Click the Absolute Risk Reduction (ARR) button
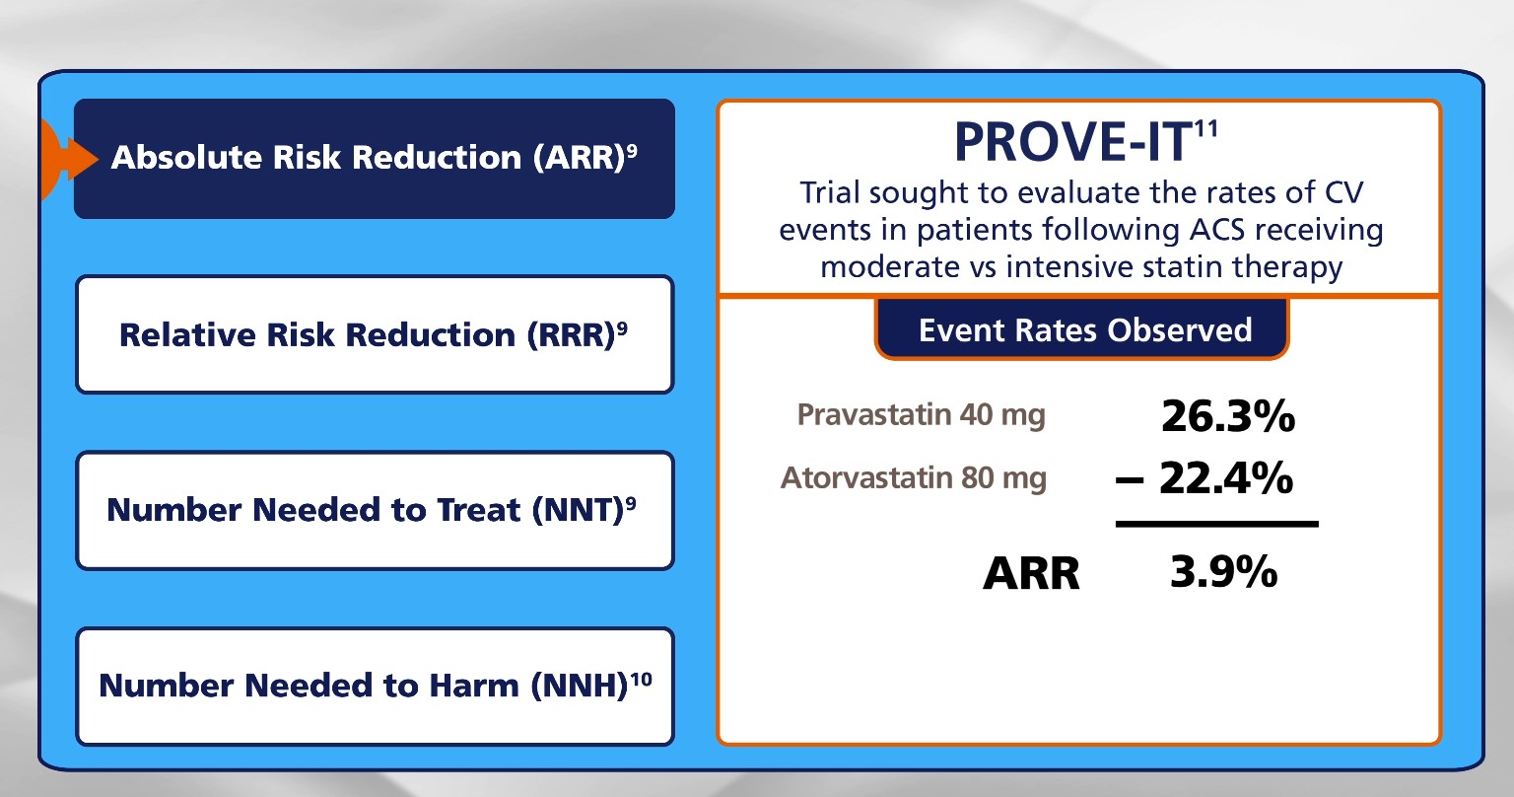click(x=375, y=159)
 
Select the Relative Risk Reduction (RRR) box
click(x=375, y=334)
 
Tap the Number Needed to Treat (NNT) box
click(x=375, y=510)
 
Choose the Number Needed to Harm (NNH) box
click(x=375, y=687)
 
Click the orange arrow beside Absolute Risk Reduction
click(x=71, y=160)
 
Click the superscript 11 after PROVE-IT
click(x=1205, y=128)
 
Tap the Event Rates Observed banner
click(x=1082, y=329)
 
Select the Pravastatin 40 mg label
click(x=922, y=414)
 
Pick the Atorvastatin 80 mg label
click(x=914, y=477)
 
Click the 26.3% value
click(x=1228, y=416)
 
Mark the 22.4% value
click(x=1226, y=478)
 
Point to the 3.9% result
click(x=1224, y=572)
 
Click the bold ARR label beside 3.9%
click(x=1031, y=574)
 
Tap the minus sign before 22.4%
click(x=1130, y=480)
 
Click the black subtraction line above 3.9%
click(x=1217, y=524)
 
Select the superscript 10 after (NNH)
click(x=642, y=679)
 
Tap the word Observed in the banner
click(x=1180, y=330)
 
